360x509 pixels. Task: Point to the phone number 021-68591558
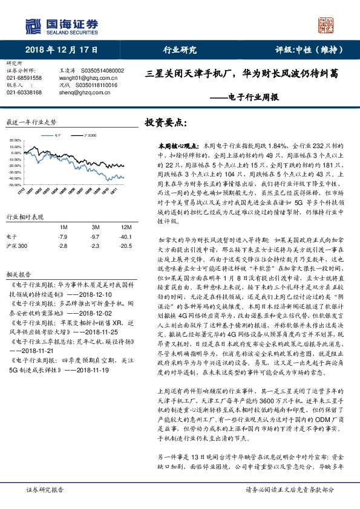click(24, 78)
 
